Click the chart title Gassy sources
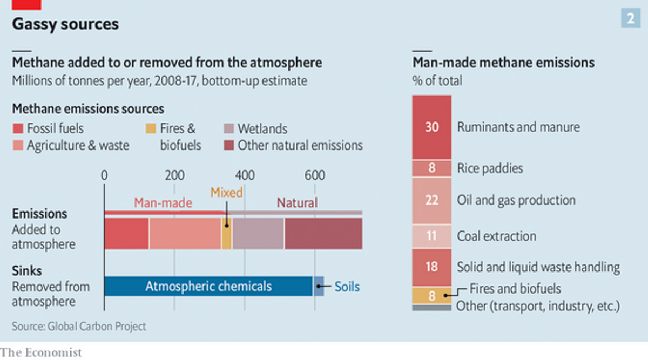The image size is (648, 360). pos(65,24)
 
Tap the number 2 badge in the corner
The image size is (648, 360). pos(631,18)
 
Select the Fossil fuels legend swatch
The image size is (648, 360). pos(18,128)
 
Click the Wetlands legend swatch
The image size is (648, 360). pos(229,128)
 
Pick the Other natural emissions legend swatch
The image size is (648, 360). pos(229,145)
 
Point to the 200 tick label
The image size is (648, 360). pos(175,175)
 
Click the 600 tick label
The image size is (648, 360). pos(315,175)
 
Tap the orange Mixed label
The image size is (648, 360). pos(226,192)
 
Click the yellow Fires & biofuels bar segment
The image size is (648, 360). pos(226,233)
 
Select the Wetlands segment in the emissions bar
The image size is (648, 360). pos(258,233)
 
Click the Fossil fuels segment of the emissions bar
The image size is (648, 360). pos(127,233)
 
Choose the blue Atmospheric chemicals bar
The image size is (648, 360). pos(208,286)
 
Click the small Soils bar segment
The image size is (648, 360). pos(319,286)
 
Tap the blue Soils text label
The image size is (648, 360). pos(347,287)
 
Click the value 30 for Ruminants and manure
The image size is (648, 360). pos(431,127)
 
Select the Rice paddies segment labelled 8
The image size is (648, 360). pos(431,168)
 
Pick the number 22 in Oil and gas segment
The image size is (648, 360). pos(431,200)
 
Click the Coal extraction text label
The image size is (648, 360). pos(496,236)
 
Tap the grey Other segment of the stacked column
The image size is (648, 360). pos(431,308)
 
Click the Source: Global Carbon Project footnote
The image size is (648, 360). pos(79,327)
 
